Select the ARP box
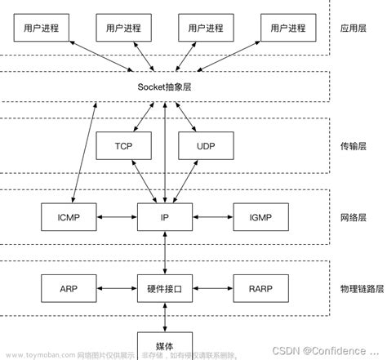(69, 288)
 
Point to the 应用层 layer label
(354, 28)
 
